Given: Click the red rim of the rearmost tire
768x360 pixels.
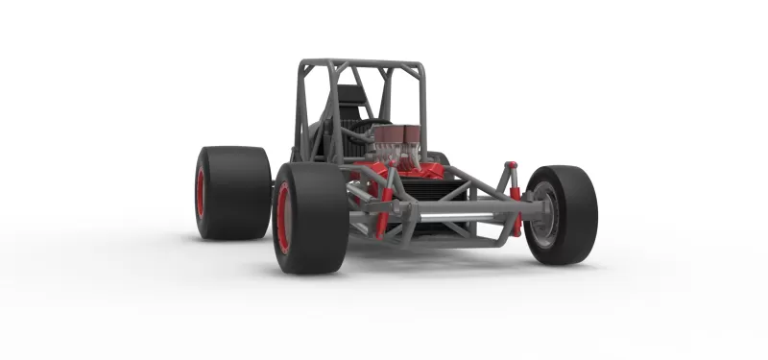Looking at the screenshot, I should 201,193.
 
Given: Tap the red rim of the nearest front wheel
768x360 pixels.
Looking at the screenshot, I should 283,219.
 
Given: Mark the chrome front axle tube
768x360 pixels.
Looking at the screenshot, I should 451,216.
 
